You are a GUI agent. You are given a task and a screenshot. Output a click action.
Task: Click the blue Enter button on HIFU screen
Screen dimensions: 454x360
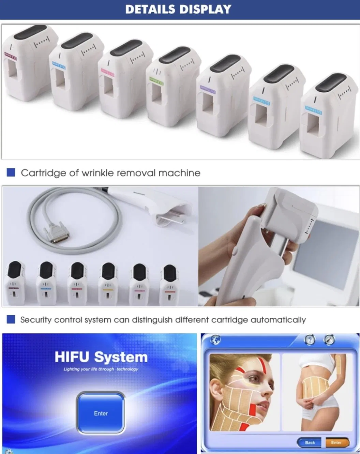click(x=101, y=413)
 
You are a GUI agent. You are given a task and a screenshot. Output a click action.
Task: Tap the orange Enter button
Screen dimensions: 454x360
click(x=336, y=442)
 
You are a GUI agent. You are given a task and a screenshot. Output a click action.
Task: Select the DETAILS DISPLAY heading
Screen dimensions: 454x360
click(x=178, y=9)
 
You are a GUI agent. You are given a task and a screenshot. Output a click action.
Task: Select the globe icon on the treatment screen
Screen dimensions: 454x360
click(x=215, y=340)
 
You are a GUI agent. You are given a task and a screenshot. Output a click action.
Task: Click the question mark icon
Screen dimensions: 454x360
click(x=309, y=340)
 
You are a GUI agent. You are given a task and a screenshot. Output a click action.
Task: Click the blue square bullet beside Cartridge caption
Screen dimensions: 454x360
click(x=11, y=172)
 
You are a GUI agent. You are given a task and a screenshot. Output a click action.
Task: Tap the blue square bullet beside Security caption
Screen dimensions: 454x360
click(x=11, y=319)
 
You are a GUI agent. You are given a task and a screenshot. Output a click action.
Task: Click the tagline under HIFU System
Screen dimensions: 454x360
click(x=101, y=369)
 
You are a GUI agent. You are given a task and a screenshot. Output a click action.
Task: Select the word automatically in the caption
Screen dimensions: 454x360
click(x=278, y=320)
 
